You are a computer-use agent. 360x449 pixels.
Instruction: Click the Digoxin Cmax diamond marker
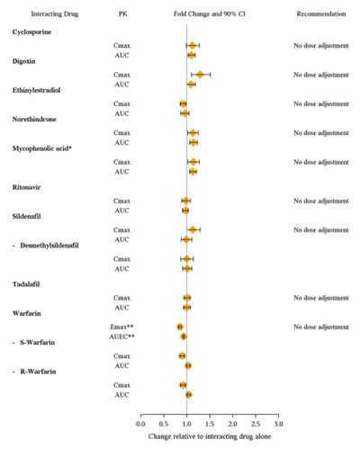click(x=200, y=75)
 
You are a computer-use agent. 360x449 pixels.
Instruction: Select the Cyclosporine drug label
click(x=31, y=32)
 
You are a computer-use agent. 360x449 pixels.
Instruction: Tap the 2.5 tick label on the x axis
click(x=256, y=424)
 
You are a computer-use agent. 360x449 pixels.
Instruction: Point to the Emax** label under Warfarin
click(x=121, y=327)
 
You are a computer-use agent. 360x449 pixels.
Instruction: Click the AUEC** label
click(x=121, y=337)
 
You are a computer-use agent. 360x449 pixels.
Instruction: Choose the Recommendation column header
click(x=321, y=13)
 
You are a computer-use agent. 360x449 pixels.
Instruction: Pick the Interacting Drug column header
click(x=55, y=14)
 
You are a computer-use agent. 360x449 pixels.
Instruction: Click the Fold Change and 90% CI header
click(x=210, y=13)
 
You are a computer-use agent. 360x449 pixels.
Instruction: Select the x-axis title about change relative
click(x=210, y=436)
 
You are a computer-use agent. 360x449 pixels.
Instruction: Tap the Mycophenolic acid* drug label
click(x=42, y=148)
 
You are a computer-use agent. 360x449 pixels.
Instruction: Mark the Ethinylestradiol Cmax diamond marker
click(x=183, y=103)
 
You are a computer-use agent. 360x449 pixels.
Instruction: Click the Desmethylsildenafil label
click(x=49, y=246)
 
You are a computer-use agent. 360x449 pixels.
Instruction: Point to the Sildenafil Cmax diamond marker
click(x=193, y=230)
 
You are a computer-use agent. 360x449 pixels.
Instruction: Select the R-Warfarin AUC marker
click(x=188, y=395)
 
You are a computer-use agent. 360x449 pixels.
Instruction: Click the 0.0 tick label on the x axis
click(x=140, y=424)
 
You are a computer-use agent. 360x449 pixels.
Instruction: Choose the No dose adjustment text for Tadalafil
click(x=321, y=298)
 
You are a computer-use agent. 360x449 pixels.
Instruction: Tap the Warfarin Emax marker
click(x=180, y=327)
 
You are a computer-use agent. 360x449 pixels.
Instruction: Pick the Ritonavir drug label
click(x=26, y=187)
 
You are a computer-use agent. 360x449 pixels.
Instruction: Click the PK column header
click(x=122, y=13)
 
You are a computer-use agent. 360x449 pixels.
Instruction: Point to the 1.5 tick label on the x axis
click(x=210, y=424)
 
